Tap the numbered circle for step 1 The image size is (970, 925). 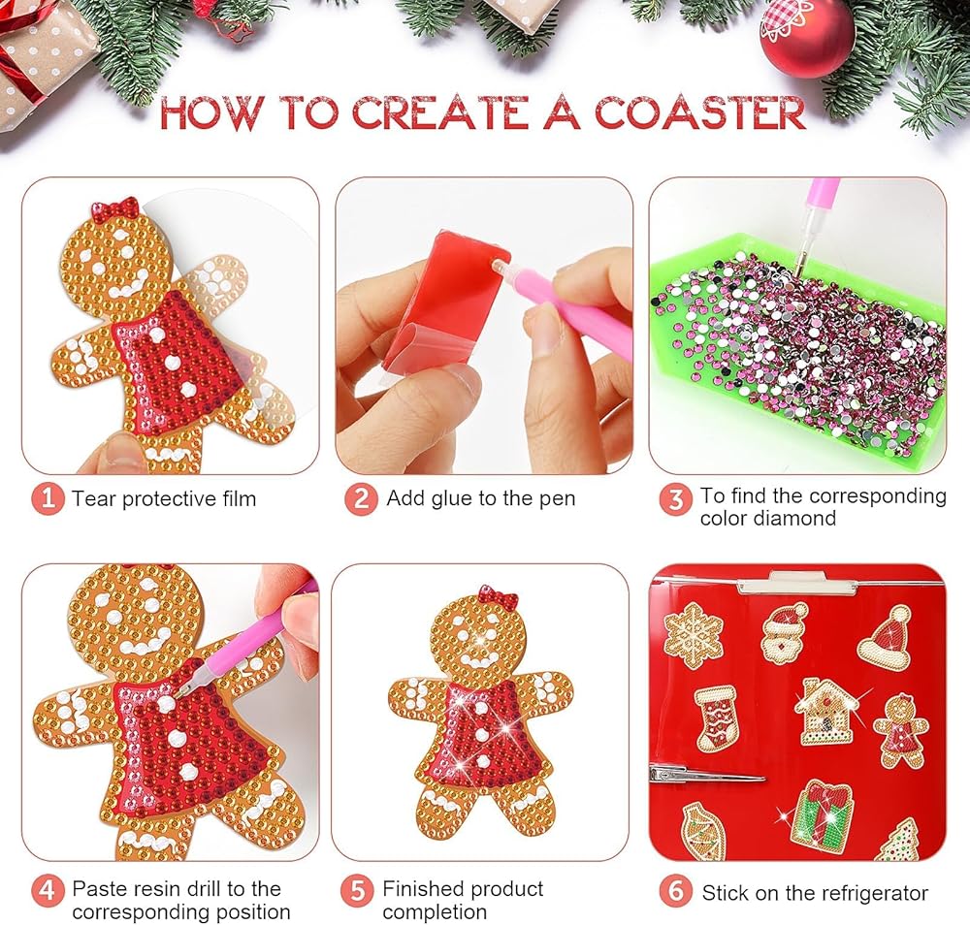click(x=48, y=498)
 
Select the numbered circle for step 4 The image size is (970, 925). click(x=48, y=891)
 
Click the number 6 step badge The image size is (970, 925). click(x=675, y=891)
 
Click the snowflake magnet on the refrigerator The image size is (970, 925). click(x=695, y=636)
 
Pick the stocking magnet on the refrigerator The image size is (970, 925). click(x=717, y=718)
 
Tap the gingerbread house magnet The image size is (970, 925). click(x=826, y=711)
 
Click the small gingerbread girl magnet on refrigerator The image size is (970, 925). click(x=901, y=730)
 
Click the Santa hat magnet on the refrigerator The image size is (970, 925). click(x=885, y=637)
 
